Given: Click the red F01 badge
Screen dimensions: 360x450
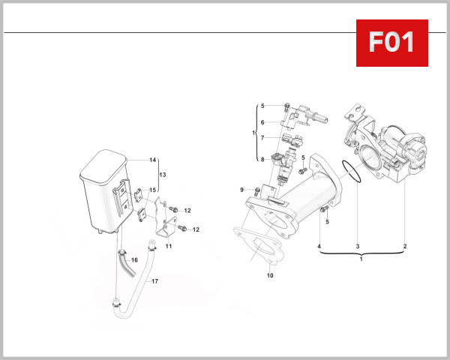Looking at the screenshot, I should point(391,43).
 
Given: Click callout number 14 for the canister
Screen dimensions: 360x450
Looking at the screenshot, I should point(152,160).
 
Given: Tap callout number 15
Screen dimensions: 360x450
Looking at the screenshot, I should point(152,190).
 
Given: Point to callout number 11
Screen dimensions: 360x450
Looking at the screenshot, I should point(169,246).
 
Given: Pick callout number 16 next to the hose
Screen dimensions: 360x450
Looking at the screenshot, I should point(135,259).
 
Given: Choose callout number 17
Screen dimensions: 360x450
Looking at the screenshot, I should point(154,281).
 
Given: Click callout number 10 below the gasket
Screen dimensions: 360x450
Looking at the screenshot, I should point(270,275).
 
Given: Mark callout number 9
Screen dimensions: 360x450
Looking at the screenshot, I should point(242,190).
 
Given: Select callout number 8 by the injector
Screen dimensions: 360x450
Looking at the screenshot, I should point(262,159).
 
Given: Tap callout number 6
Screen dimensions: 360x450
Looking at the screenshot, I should point(262,122).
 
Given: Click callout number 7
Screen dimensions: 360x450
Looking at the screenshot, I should point(262,138).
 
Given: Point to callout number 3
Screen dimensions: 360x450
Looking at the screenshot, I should point(358,246).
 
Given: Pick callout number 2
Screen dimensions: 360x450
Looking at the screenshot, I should point(405,246).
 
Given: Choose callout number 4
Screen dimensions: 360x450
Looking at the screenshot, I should point(319,246).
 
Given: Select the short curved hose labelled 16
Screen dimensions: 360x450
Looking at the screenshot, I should point(121,262).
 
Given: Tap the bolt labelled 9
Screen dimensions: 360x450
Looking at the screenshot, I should point(257,190).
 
